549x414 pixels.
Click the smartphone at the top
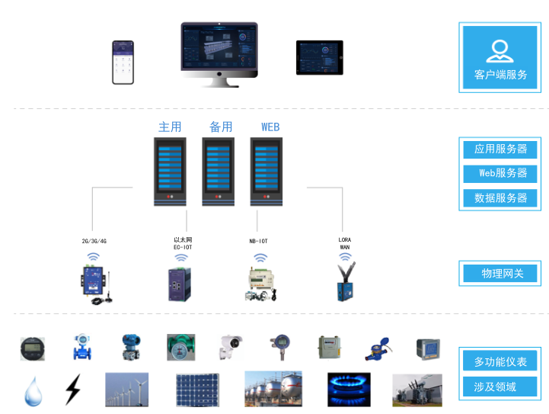(x=123, y=63)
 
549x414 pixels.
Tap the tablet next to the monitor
(x=320, y=58)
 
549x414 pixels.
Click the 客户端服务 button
(x=500, y=58)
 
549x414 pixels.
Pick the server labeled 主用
(x=170, y=172)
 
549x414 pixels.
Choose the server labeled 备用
(x=219, y=172)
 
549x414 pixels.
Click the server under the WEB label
(x=267, y=172)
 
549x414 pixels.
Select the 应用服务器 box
(x=500, y=149)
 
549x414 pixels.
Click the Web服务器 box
(x=500, y=173)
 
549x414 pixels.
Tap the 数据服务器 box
(x=500, y=197)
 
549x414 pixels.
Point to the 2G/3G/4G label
(x=94, y=241)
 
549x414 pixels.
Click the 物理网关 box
(x=500, y=273)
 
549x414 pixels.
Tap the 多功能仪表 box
(x=500, y=361)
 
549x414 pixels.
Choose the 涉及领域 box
(x=500, y=387)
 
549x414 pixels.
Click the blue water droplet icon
(x=33, y=390)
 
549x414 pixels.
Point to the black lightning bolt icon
(x=72, y=389)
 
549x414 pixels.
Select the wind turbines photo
(x=126, y=389)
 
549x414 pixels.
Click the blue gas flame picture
(x=349, y=389)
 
